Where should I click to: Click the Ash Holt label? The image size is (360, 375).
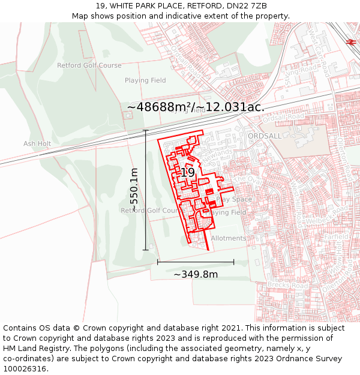(x=37, y=144)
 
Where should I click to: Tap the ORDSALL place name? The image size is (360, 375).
(x=265, y=136)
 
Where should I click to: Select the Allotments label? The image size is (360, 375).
(x=229, y=238)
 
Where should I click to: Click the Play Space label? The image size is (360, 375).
(x=235, y=199)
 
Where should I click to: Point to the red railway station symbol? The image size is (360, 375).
(x=351, y=41)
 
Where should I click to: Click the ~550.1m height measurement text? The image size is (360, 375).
(x=134, y=188)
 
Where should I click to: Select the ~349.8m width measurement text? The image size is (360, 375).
(x=196, y=274)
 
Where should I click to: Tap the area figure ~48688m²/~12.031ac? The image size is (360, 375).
(x=196, y=107)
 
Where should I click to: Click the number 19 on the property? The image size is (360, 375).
(x=188, y=172)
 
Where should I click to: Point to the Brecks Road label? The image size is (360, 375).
(x=288, y=286)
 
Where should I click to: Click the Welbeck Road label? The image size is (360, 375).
(x=319, y=221)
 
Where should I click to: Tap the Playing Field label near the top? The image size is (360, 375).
(x=145, y=80)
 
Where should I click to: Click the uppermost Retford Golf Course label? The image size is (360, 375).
(x=89, y=65)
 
